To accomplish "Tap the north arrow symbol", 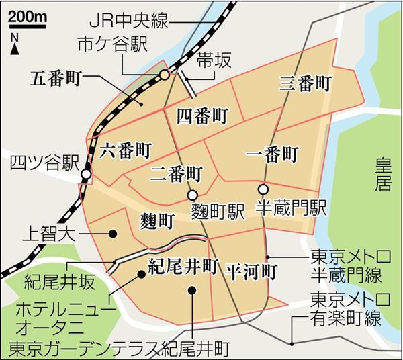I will (x=15, y=47).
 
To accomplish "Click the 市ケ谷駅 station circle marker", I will (x=165, y=77).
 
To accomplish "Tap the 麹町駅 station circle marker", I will (x=193, y=197).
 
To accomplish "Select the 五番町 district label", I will (x=56, y=77).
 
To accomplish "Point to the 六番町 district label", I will (x=124, y=150).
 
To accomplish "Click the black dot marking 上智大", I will (x=114, y=234).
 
